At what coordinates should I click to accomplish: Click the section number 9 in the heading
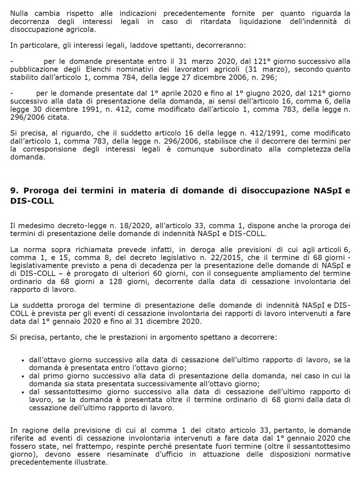13,191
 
